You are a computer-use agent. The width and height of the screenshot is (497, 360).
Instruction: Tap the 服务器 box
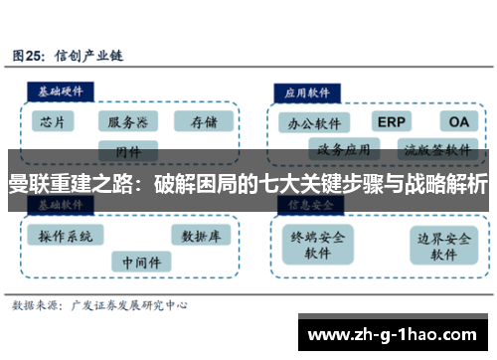point(128,122)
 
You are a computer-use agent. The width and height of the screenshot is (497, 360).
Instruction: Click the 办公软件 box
point(313,123)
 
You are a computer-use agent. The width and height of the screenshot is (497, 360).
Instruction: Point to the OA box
point(459,121)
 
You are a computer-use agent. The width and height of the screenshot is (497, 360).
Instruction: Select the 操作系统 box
point(67,236)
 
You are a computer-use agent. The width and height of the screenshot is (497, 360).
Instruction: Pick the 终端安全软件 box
point(318,245)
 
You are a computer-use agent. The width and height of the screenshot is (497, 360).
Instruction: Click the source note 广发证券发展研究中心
point(129,305)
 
